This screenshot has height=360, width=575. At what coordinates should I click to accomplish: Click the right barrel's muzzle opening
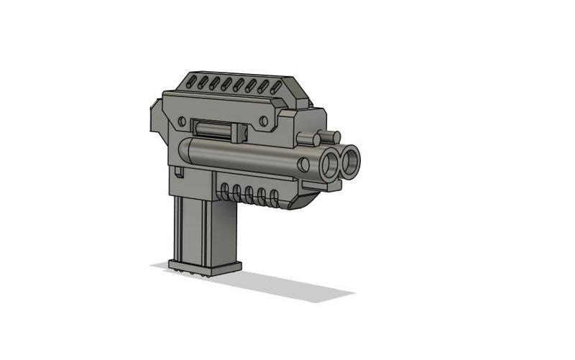351,162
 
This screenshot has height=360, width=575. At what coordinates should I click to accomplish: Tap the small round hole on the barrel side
304,165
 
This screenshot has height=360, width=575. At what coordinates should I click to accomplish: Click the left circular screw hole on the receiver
182,120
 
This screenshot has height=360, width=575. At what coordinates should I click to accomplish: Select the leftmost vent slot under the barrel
225,191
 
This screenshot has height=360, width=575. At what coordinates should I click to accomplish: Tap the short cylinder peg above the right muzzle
331,135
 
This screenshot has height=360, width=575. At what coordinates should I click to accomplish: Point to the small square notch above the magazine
177,172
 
